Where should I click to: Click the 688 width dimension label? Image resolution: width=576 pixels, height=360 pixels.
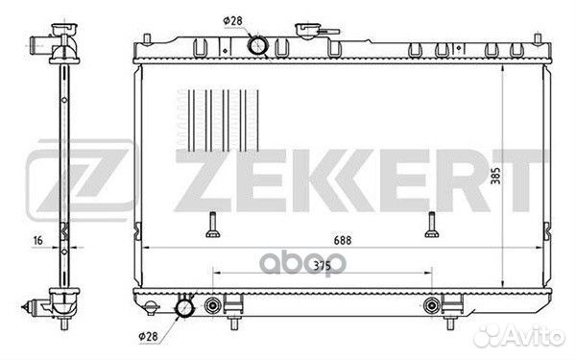pos(343,240)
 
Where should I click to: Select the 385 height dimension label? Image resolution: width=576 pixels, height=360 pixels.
pos(496,176)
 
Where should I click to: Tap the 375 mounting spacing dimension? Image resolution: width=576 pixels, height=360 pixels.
pos(323,265)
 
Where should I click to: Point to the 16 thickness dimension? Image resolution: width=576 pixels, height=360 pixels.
pos(38,241)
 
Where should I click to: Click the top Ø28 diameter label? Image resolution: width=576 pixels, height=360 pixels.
pos(233,21)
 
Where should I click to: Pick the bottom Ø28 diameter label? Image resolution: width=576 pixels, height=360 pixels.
pos(148,336)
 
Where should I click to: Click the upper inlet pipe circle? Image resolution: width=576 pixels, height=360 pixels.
pos(257,45)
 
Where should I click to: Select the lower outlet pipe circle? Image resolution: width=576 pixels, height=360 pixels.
pos(184,308)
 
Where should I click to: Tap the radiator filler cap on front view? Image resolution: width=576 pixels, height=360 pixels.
pos(308,31)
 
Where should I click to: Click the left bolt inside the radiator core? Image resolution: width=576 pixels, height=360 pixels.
pos(213,225)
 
